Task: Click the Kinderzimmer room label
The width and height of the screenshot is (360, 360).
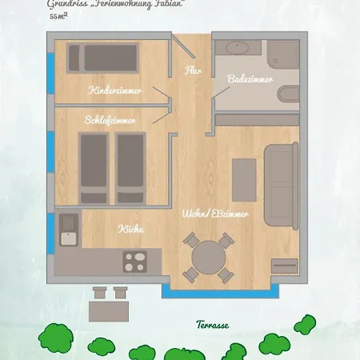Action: (x=117, y=90)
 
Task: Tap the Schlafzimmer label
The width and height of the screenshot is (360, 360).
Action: (x=110, y=120)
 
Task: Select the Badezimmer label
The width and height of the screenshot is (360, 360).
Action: (x=250, y=80)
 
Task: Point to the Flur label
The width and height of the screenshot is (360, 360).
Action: (x=192, y=70)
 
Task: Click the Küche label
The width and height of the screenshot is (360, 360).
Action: (x=130, y=229)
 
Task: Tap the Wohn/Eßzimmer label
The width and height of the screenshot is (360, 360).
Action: (x=215, y=214)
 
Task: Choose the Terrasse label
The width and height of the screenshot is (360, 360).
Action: (x=212, y=326)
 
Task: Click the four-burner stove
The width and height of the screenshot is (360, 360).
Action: (x=135, y=260)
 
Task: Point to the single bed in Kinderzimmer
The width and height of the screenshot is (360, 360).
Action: (x=112, y=58)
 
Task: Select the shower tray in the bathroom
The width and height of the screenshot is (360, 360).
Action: (x=239, y=48)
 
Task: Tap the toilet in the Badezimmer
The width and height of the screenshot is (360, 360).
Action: (x=288, y=94)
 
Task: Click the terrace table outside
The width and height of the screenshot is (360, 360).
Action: (x=110, y=308)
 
